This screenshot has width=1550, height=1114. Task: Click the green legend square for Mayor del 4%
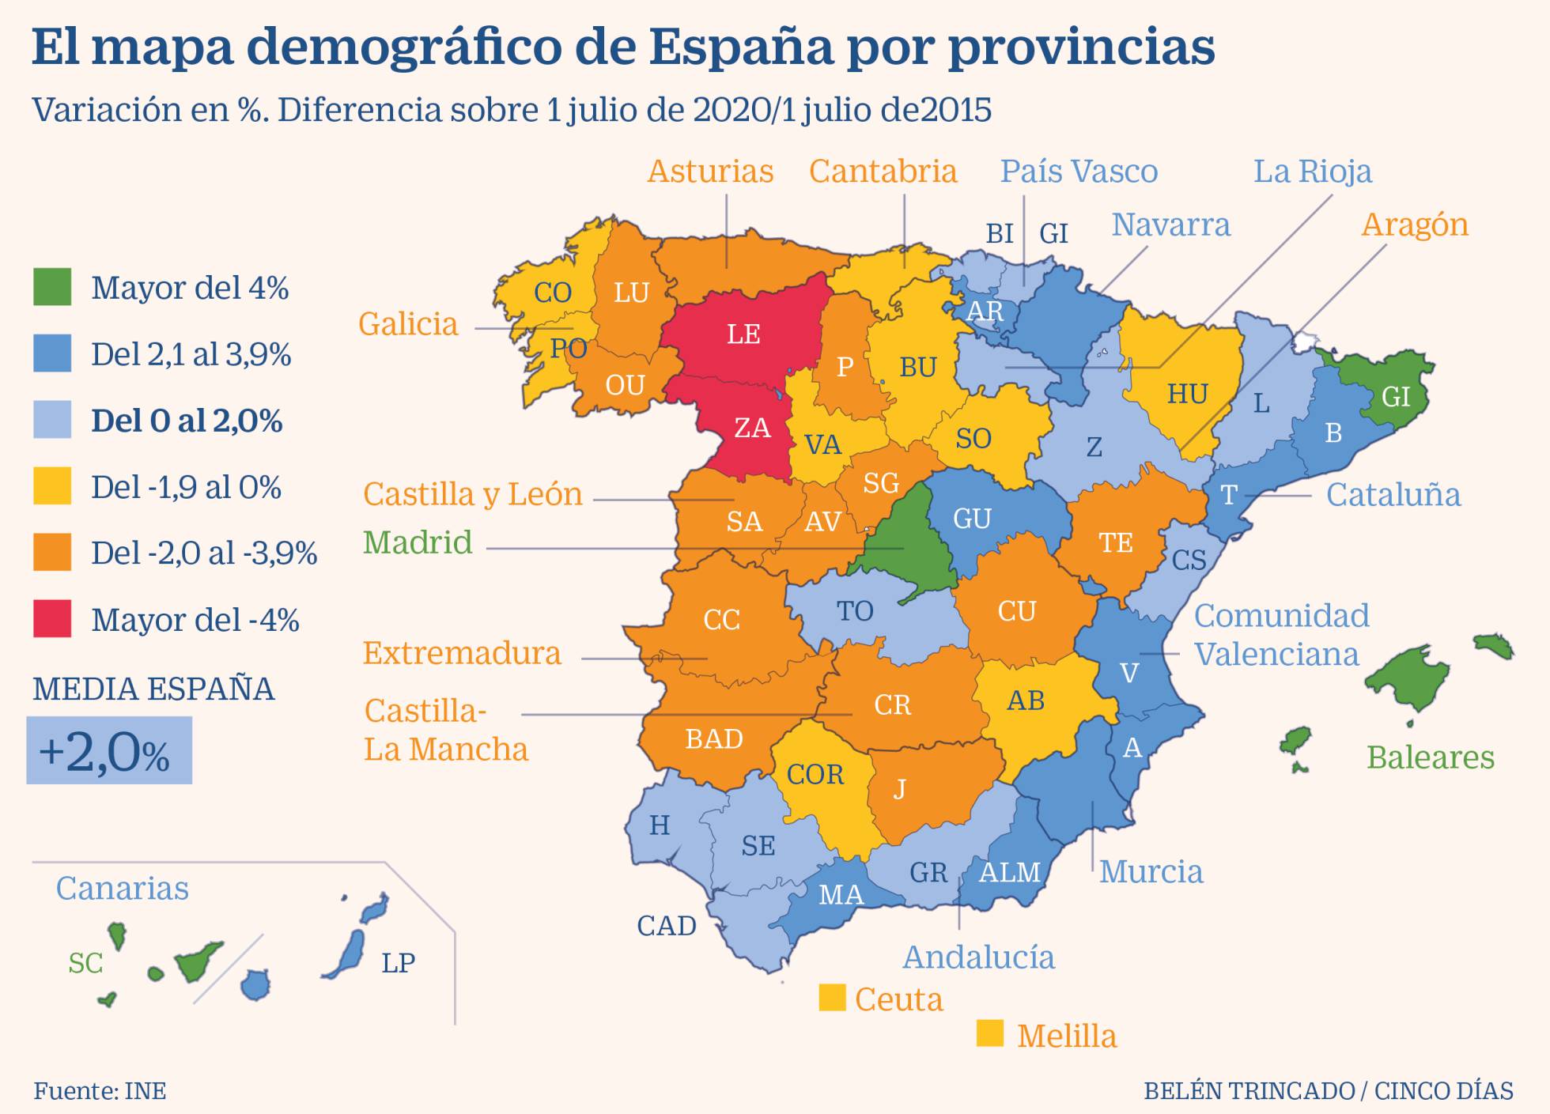pos(52,287)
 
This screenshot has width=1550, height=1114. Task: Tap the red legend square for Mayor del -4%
pos(52,618)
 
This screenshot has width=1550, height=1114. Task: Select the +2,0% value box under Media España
pos(109,750)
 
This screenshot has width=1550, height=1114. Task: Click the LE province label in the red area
pos(743,334)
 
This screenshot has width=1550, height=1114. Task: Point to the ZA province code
pos(752,428)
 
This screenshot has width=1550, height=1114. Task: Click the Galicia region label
pos(408,324)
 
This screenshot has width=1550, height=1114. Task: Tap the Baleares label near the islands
pos(1430,757)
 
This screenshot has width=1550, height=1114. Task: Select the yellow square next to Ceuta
pos(832,997)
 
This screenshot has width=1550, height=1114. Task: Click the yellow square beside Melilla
pos(989,1033)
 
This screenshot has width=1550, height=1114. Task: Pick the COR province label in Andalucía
pos(815,774)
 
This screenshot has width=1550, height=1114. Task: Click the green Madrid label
pos(418,542)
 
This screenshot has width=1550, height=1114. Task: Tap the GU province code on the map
pos(972,519)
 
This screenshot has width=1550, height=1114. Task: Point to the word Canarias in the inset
pos(122,889)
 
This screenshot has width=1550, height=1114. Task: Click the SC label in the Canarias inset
pos(85,963)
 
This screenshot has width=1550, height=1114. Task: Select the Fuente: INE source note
pos(100,1091)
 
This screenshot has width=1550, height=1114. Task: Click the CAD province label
pos(667,926)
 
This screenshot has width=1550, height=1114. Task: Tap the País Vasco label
pos(1079,172)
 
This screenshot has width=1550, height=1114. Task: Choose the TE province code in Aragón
pos(1116,542)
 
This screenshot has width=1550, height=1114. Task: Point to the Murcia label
pos(1151,872)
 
